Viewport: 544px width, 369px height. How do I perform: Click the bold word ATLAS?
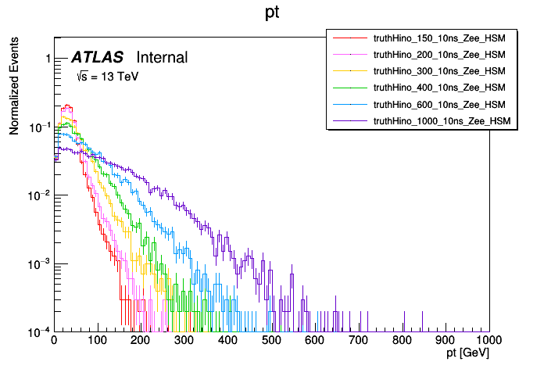pyautogui.click(x=97, y=58)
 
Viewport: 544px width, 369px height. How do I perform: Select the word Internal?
pyautogui.click(x=162, y=58)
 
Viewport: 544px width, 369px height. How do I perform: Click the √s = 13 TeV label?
pyautogui.click(x=106, y=77)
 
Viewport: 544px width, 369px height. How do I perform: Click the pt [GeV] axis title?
pyautogui.click(x=467, y=354)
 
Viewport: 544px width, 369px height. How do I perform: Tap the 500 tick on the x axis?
pyautogui.click(x=272, y=341)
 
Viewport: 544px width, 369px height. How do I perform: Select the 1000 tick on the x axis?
pyautogui.click(x=489, y=341)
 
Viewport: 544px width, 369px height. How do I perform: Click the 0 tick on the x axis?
pyautogui.click(x=54, y=341)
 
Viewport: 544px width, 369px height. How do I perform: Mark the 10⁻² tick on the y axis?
pyautogui.click(x=38, y=195)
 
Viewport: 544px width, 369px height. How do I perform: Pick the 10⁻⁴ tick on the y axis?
pyautogui.click(x=38, y=332)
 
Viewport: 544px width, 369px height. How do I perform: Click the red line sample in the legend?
pyautogui.click(x=349, y=38)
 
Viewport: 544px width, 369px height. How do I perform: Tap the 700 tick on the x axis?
pyautogui.click(x=359, y=341)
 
